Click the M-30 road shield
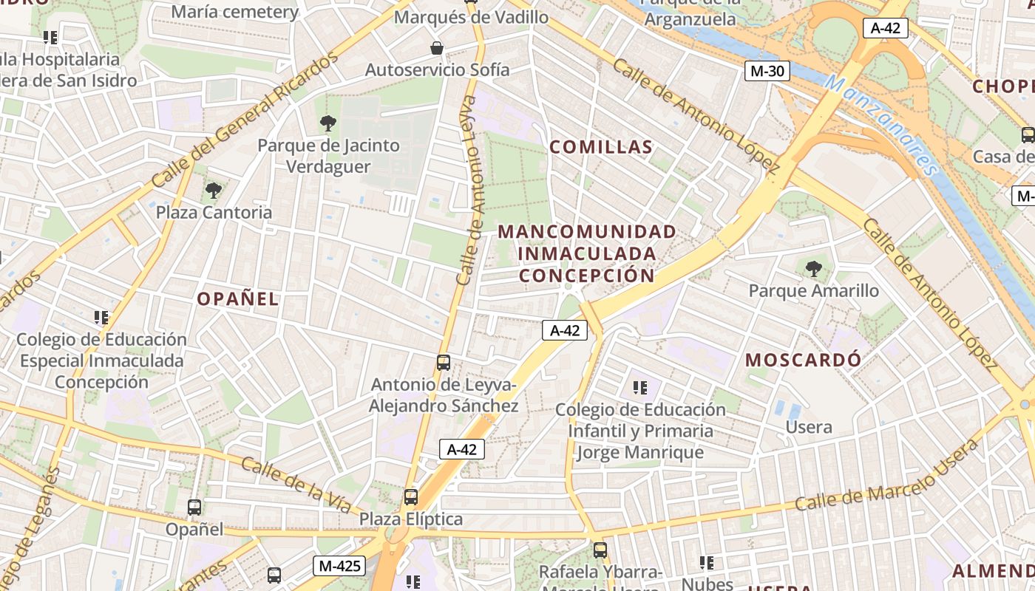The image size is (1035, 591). [767, 71]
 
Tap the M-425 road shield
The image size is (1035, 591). [339, 566]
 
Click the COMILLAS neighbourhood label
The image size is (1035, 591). [601, 147]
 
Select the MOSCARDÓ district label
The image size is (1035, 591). [803, 360]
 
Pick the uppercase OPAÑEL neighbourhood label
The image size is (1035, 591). [238, 298]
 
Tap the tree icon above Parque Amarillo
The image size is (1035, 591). [814, 268]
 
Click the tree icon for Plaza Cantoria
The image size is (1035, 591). [214, 191]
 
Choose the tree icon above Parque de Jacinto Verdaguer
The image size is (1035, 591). [328, 123]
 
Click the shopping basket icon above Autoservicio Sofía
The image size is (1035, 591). [438, 49]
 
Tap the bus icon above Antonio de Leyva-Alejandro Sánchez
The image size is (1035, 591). [444, 363]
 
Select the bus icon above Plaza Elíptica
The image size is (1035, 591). [411, 497]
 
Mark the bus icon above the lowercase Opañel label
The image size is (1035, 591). [194, 508]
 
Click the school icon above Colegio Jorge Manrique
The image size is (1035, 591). [640, 387]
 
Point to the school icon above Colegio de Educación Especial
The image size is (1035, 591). [101, 318]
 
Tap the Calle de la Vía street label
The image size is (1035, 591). [296, 485]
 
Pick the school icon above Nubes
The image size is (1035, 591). [707, 563]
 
